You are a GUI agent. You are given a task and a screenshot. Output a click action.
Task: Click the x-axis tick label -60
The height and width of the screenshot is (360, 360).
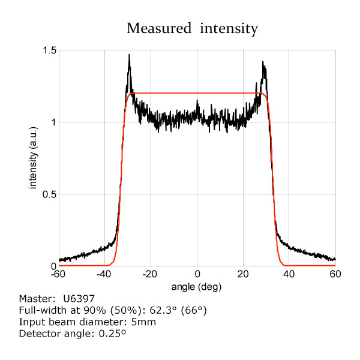pyautogui.click(x=59, y=274)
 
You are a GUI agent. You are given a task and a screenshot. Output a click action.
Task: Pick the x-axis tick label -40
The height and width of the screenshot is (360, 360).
pyautogui.click(x=104, y=274)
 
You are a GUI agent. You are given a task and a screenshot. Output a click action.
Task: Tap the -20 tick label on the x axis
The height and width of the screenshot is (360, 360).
pyautogui.click(x=151, y=274)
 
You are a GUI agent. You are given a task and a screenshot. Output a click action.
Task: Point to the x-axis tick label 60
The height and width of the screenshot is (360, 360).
pyautogui.click(x=335, y=274)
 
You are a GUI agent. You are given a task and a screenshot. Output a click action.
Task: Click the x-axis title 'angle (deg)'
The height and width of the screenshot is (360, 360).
pyautogui.click(x=197, y=286)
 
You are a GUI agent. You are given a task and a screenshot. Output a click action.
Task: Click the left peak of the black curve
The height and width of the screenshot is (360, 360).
pyautogui.click(x=129, y=55)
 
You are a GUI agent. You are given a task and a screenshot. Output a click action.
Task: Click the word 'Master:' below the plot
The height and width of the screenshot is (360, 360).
pyautogui.click(x=37, y=298)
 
